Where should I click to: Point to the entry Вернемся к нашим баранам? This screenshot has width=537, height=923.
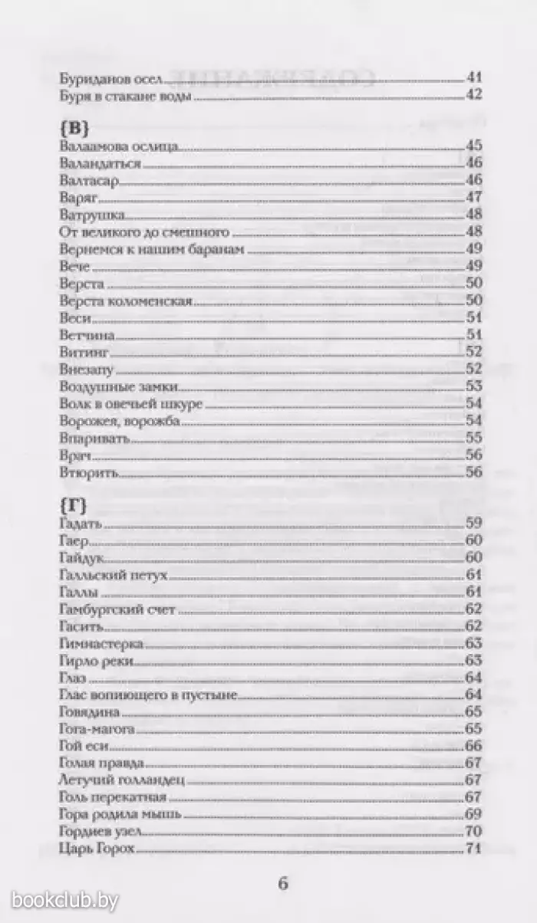(136, 248)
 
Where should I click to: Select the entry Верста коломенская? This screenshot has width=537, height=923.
(124, 301)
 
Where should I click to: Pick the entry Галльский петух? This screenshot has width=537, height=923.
(112, 575)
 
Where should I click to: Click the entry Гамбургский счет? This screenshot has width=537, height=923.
(117, 609)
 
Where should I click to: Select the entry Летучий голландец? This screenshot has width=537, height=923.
(123, 780)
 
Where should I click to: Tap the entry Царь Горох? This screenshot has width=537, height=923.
(96, 849)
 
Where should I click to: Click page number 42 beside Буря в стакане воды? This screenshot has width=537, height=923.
(473, 96)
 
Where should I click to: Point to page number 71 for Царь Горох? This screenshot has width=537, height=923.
(473, 849)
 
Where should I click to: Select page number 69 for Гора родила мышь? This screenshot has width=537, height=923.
(473, 814)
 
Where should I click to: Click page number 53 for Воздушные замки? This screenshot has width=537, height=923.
(473, 386)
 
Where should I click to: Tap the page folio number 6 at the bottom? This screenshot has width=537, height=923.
(282, 883)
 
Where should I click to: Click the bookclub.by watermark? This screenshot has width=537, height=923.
(66, 898)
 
